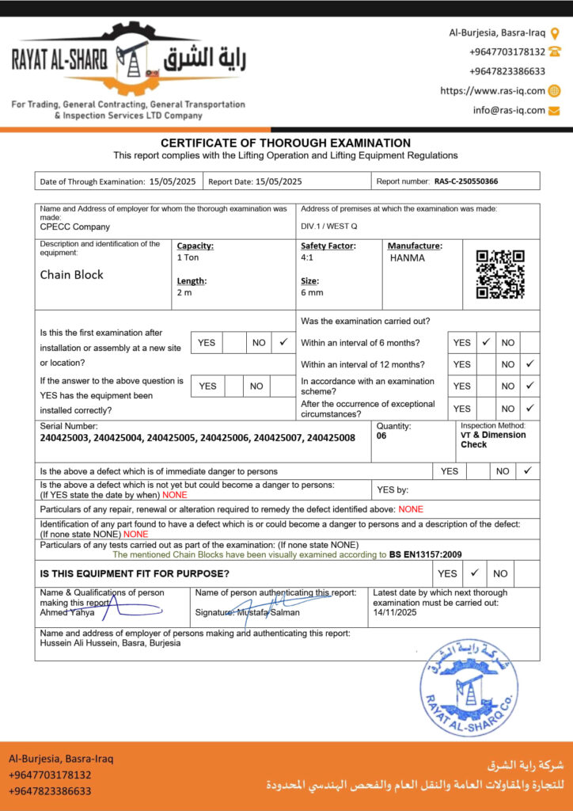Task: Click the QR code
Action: point(500,274)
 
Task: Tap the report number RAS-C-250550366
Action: point(465,181)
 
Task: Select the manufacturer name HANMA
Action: point(407,258)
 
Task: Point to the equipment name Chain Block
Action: point(72,275)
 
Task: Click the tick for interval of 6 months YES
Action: point(487,343)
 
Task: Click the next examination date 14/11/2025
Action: point(394,612)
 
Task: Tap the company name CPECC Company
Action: point(76,226)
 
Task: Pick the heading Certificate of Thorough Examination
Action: point(286,143)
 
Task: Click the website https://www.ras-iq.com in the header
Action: point(492,91)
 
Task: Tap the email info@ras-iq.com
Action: point(509,110)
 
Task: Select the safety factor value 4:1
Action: point(307,258)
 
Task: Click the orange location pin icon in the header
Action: point(555,33)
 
